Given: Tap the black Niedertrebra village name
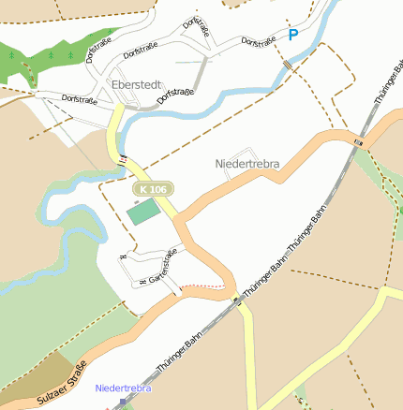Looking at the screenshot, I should (247, 165).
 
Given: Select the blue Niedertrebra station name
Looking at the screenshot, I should (123, 388).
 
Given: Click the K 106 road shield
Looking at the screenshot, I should (152, 189).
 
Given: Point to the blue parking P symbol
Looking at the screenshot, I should (293, 36).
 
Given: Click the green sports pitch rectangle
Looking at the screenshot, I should (143, 212).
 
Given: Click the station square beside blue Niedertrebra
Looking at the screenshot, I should (122, 402).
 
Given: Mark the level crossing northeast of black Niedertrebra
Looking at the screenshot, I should (358, 141).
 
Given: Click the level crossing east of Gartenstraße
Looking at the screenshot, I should (236, 299).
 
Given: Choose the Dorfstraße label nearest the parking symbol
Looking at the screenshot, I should (259, 42).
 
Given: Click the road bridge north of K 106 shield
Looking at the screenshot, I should (123, 159).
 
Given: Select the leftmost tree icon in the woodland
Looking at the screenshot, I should (12, 55).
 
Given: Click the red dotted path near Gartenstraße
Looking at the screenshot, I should (205, 286).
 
